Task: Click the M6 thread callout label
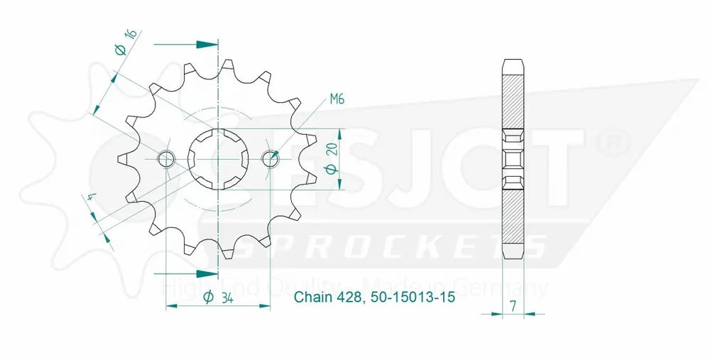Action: point(337,99)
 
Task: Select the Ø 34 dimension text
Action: point(219,298)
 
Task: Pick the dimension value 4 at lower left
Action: point(91,201)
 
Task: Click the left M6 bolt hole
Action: point(167,159)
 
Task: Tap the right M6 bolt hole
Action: point(270,159)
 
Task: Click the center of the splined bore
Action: point(218,159)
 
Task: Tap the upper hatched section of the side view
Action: point(515,99)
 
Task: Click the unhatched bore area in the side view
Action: point(515,159)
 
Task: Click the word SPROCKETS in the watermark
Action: point(390,246)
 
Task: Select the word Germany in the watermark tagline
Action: point(510,288)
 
